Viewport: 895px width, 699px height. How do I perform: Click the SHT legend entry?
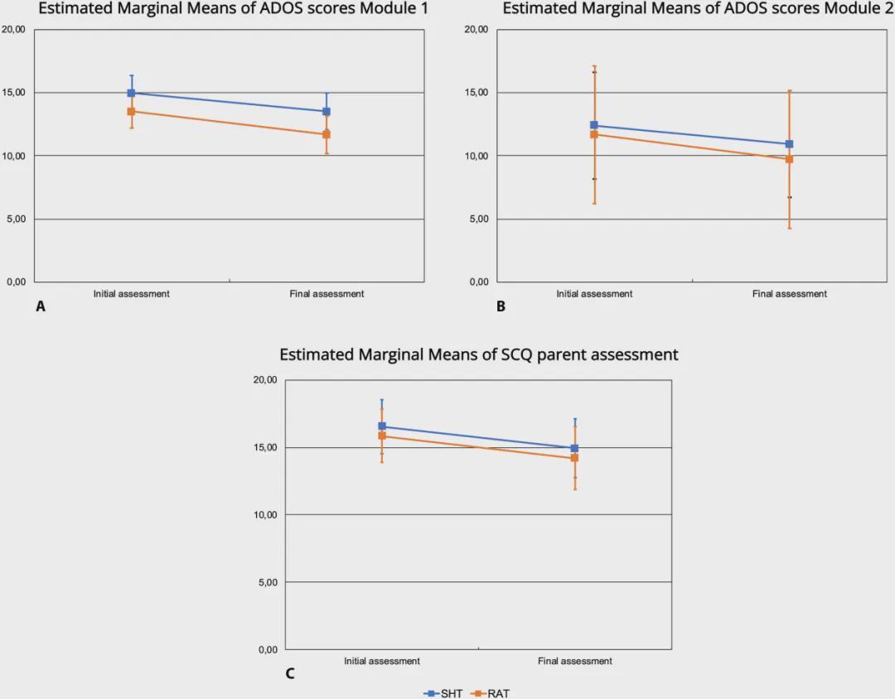pos(443,693)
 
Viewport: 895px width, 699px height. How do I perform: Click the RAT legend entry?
pos(489,693)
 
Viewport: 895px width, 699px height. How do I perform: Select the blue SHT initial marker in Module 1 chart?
pos(131,93)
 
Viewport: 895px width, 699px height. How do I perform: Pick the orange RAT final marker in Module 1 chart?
pos(327,134)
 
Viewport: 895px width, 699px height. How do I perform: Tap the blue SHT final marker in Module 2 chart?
pos(789,144)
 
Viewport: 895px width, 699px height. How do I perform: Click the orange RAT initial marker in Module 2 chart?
pos(594,134)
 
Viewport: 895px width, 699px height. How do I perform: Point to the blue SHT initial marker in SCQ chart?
pos(382,427)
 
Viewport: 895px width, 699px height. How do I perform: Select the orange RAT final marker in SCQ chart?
pos(574,458)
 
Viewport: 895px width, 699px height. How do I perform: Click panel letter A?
pos(40,306)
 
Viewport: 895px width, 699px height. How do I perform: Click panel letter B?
pos(501,306)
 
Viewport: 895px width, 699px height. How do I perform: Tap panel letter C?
pos(289,673)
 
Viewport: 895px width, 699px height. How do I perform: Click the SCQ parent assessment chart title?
pos(479,354)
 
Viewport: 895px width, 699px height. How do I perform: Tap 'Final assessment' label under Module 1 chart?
pos(327,294)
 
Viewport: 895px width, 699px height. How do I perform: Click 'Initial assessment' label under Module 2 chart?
pos(594,294)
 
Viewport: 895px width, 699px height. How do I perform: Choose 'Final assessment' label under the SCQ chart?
pos(574,661)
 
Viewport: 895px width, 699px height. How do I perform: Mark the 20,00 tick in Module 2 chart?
pos(476,30)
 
